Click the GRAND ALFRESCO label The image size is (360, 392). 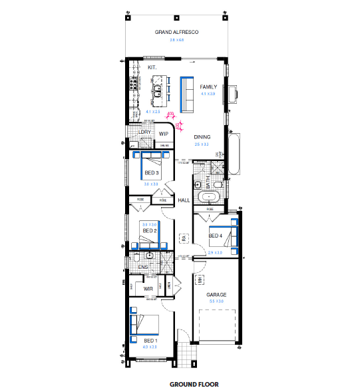tap(177, 32)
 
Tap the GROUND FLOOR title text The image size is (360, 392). tap(194, 384)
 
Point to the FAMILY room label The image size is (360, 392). tap(208, 87)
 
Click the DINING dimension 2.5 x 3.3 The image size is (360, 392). tap(202, 144)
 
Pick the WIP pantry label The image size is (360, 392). tap(163, 134)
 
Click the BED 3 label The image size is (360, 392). tap(151, 174)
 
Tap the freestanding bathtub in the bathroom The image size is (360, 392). tap(210, 197)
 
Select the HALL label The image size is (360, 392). tap(184, 200)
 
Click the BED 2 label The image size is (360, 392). tap(149, 231)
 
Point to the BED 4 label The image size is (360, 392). tap(215, 236)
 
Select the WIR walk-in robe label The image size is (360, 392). tap(149, 289)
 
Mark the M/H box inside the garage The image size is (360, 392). tap(199, 282)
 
